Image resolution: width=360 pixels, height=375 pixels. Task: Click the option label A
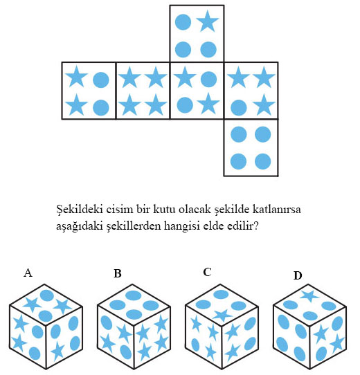point(28,273)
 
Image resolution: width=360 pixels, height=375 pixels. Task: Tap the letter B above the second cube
point(118,273)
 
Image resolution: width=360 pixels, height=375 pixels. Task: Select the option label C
point(207,272)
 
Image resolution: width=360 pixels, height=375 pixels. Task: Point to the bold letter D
point(298,275)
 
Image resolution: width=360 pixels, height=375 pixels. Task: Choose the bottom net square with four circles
point(251,147)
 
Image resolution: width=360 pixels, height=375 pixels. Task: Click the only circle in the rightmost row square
point(239,107)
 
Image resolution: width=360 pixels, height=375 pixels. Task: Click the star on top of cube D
point(309,297)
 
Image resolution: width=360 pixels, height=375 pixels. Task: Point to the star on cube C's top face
point(222,315)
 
